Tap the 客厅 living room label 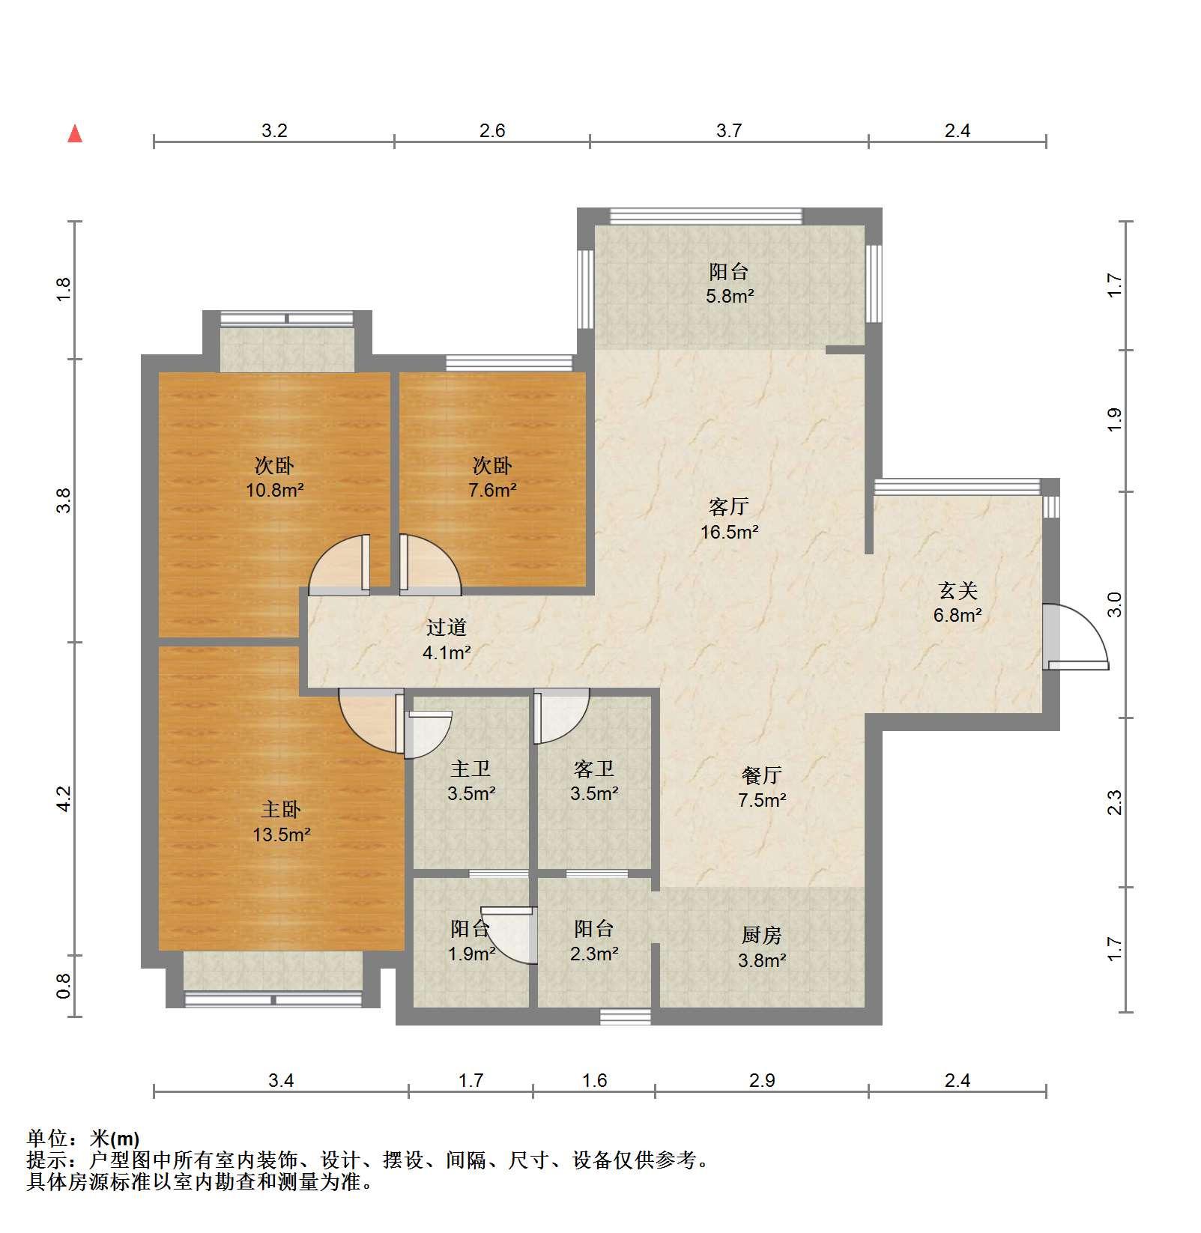point(728,507)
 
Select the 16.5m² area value point(729,533)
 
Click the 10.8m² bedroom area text point(275,491)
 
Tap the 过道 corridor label point(447,627)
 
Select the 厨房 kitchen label point(762,935)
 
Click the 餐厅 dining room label point(762,775)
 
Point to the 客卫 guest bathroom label point(594,769)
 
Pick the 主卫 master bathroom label point(471,769)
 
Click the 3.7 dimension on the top point(728,131)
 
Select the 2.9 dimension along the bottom point(761,1080)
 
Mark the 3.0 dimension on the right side point(1115,605)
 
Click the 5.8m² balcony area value point(730,296)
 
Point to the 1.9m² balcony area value point(471,954)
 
